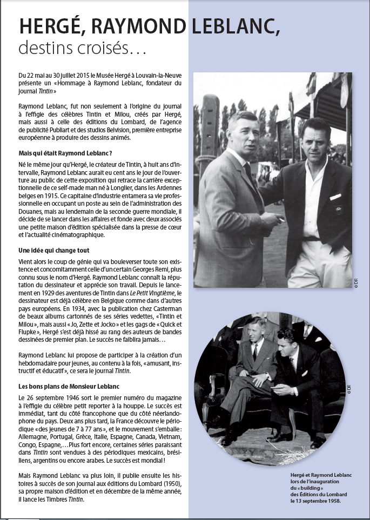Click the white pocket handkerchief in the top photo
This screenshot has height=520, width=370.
click(x=335, y=197)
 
